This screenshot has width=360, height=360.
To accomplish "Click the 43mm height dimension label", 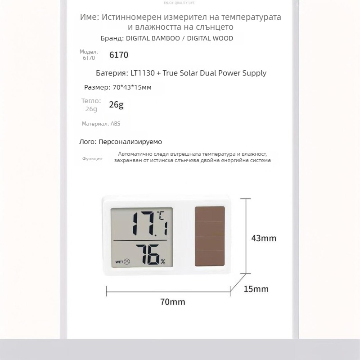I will point(263,238).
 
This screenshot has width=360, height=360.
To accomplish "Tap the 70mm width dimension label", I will point(172,302).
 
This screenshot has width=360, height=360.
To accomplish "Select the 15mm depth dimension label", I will point(256,288).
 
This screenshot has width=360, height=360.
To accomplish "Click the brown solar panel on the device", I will point(210,237).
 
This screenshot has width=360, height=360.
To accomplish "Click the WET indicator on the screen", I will point(119,261).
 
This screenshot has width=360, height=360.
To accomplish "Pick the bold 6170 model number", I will point(119,55).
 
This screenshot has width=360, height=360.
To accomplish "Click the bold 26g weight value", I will point(116,105).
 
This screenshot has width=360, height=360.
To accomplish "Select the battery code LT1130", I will point(135,73).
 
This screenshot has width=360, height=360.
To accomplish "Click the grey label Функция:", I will point(93,159).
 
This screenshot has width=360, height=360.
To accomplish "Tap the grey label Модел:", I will point(89,52).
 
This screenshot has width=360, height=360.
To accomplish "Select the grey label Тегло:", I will point(91,101).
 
